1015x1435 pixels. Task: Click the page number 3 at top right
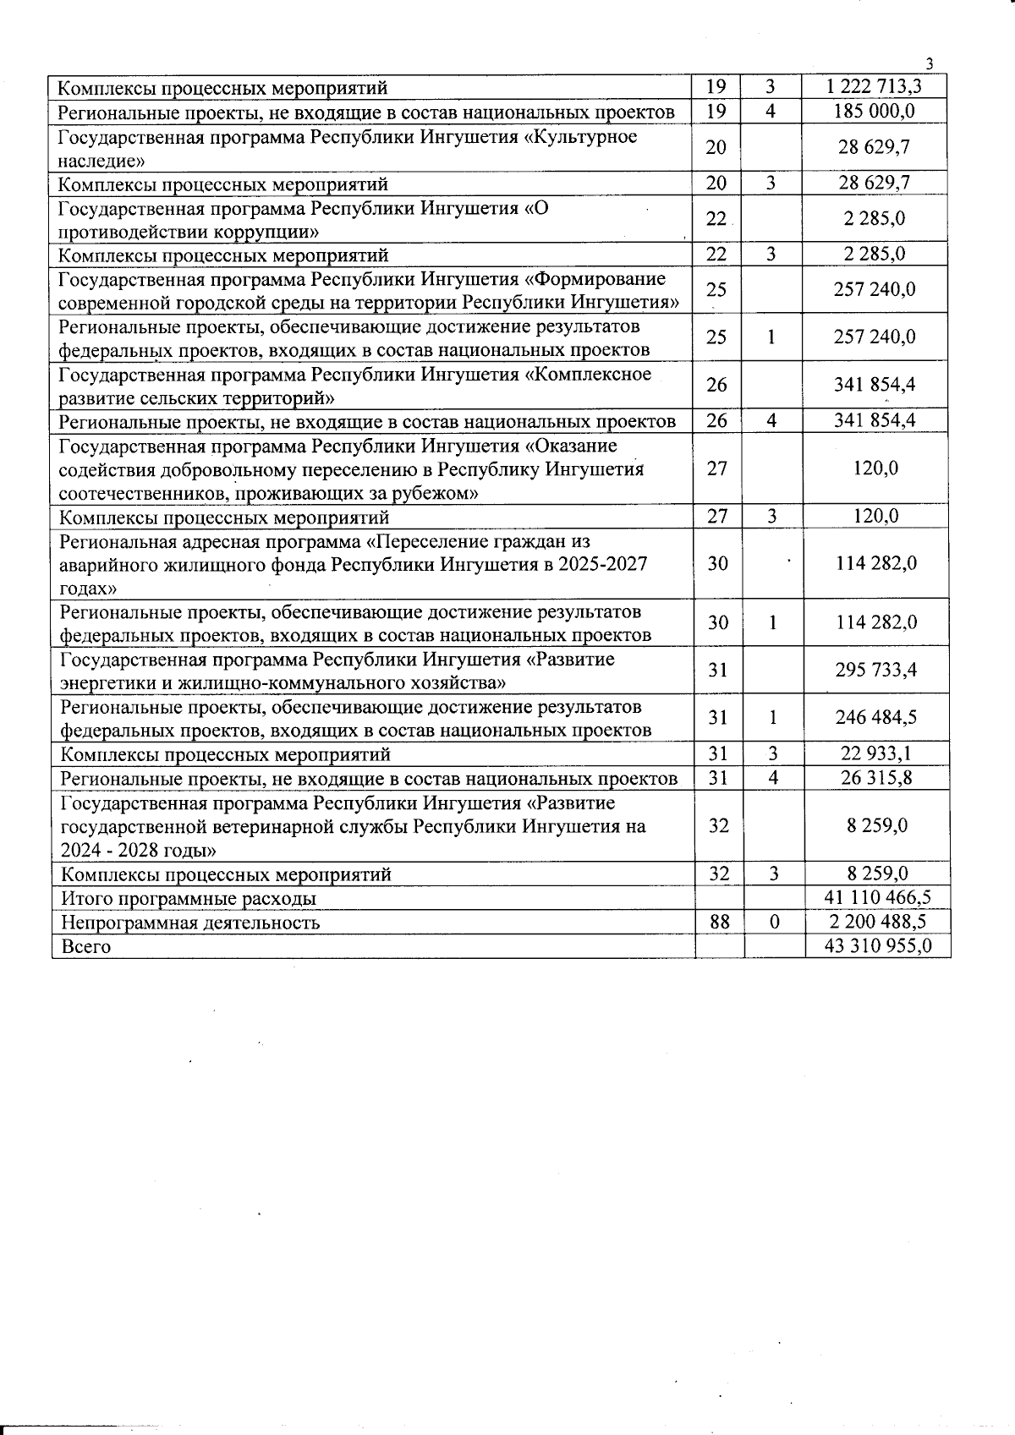(x=930, y=64)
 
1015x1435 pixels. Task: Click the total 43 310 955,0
(x=878, y=946)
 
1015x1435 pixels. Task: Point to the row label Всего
(x=86, y=946)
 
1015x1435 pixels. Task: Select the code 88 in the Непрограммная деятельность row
(x=720, y=922)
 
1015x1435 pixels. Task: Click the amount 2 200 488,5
(x=878, y=922)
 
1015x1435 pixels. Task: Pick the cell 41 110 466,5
(x=878, y=898)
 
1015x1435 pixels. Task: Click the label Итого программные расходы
(x=189, y=898)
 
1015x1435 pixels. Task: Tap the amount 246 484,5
(x=876, y=717)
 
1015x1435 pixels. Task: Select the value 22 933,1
(x=876, y=753)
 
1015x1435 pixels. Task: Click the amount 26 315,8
(x=876, y=778)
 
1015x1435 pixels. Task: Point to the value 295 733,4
(x=876, y=670)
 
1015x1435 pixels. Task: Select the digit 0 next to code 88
(x=774, y=922)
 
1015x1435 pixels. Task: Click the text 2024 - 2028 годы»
(x=139, y=850)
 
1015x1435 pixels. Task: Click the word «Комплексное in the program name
(x=589, y=374)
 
